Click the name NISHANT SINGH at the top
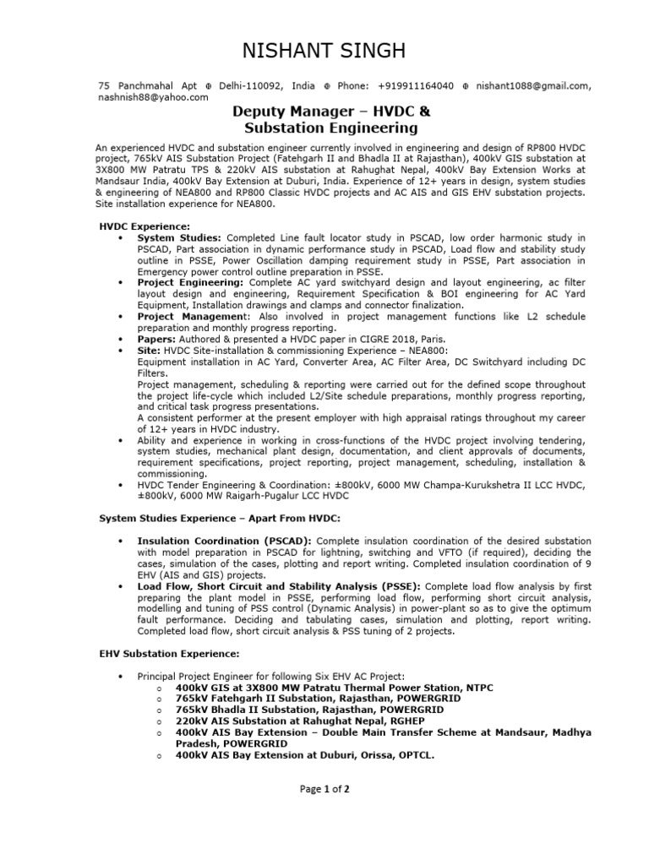pos(324,52)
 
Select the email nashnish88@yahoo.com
pos(153,97)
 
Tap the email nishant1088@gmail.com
pos(532,86)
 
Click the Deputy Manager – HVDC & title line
pos(330,112)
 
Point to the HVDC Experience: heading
pos(145,227)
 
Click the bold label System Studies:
pos(179,238)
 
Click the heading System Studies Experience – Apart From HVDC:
pos(220,517)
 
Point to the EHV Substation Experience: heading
pos(169,654)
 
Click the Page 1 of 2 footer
pos(324,789)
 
